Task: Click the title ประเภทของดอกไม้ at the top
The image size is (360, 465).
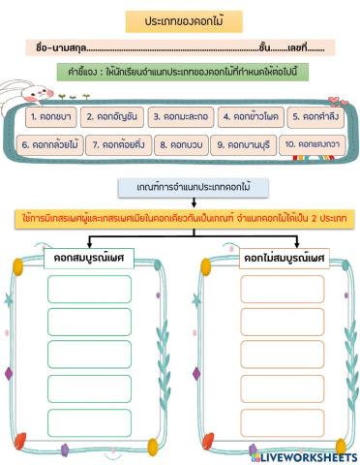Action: (182, 20)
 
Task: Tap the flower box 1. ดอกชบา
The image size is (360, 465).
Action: (50, 117)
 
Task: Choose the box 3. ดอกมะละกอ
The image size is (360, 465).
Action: (179, 117)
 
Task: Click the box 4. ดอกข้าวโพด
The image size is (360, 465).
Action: (248, 117)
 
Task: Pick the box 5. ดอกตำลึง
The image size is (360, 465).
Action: (311, 117)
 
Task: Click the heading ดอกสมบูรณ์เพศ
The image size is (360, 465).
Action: (89, 258)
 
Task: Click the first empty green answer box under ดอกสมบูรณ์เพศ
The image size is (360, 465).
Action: (90, 289)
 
